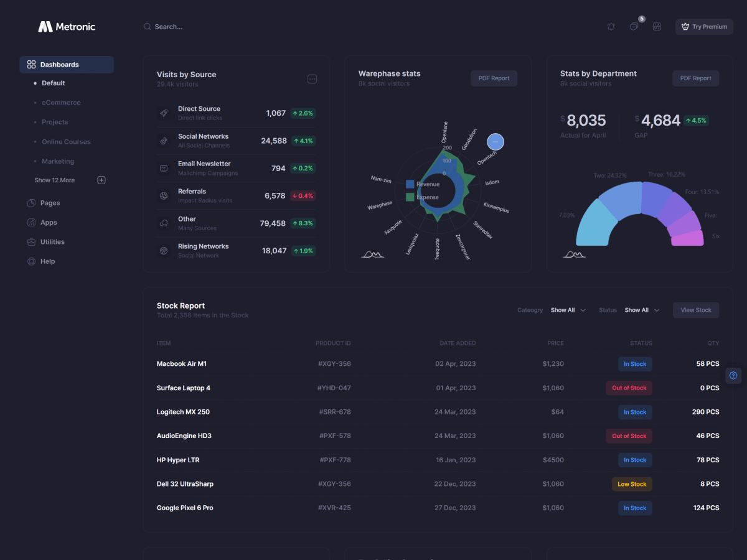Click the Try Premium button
704,27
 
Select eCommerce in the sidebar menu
61,103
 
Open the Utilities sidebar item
52,242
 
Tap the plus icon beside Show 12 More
101,180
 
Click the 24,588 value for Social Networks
274,141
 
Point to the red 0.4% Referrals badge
303,196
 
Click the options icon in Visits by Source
312,79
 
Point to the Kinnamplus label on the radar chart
496,208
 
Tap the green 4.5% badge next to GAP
696,121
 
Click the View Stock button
695,310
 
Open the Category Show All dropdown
568,310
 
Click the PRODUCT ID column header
333,343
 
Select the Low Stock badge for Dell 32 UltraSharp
631,484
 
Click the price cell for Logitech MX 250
557,412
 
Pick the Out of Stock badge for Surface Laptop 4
629,388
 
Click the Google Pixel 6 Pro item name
185,508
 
